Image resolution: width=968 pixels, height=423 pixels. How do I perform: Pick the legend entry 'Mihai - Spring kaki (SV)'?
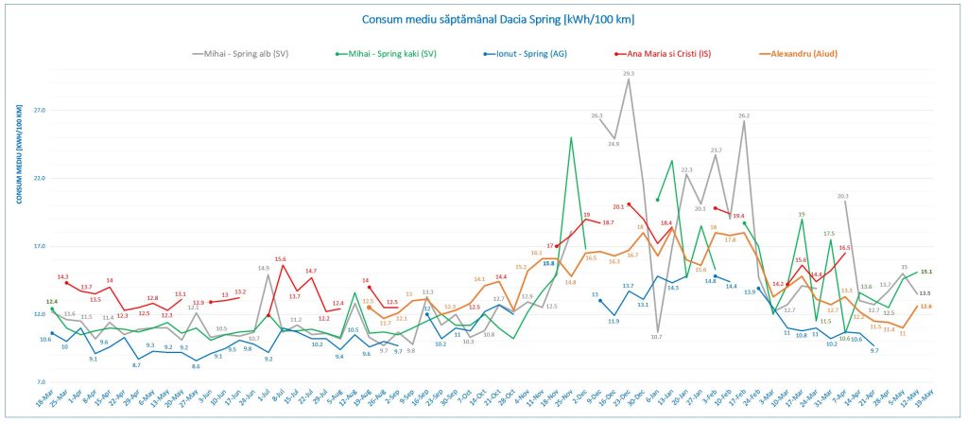[x=387, y=54]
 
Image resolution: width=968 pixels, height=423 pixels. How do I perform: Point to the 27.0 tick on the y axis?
[x=38, y=110]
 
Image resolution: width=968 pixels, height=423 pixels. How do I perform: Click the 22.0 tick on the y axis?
[x=38, y=178]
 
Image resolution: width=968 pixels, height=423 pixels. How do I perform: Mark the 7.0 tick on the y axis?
[x=38, y=381]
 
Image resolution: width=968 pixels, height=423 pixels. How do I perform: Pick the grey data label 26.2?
[x=744, y=115]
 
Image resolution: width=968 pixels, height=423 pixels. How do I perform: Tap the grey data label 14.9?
[x=265, y=268]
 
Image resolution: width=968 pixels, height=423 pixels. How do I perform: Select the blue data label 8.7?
[x=137, y=364]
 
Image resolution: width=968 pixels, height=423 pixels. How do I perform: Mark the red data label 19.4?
[x=738, y=216]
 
